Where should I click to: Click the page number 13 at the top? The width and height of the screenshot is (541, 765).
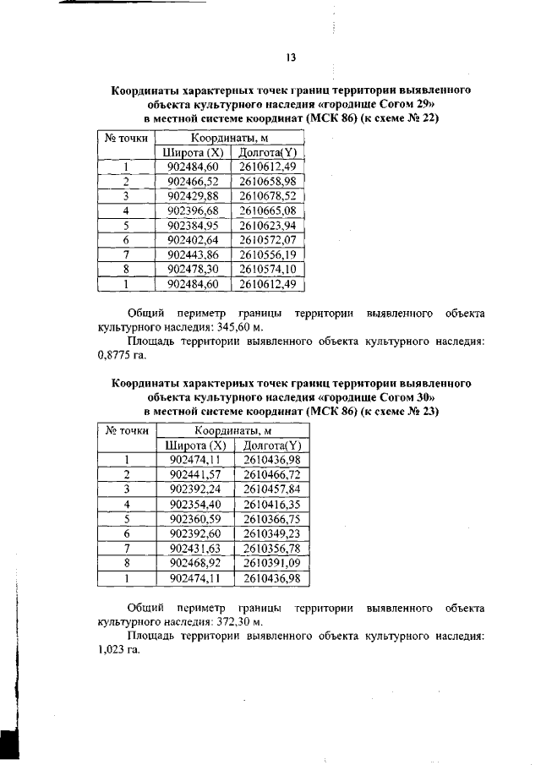pos(290,57)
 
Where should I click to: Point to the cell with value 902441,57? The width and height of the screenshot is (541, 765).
pos(194,475)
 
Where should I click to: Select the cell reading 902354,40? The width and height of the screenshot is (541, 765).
pos(194,505)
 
